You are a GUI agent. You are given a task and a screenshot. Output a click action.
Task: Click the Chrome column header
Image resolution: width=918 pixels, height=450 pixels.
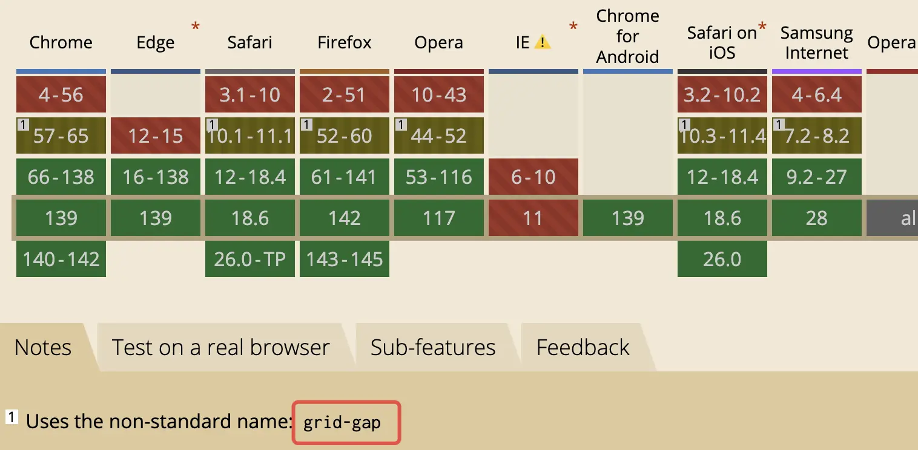pyautogui.click(x=61, y=42)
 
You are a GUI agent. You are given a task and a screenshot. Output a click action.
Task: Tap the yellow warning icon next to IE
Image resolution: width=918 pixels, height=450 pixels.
pyautogui.click(x=543, y=42)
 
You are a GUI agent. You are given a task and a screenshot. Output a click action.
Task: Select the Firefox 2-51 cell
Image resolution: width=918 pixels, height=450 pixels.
pyautogui.click(x=344, y=94)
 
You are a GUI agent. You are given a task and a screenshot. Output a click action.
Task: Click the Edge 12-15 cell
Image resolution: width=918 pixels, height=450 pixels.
pyautogui.click(x=156, y=135)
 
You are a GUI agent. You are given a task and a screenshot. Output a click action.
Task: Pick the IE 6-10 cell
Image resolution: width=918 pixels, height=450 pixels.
pyautogui.click(x=533, y=177)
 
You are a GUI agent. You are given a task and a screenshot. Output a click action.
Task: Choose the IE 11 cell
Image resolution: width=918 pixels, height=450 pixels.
pyautogui.click(x=533, y=218)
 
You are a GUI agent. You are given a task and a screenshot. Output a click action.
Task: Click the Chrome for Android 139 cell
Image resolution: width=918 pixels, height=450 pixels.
pyautogui.click(x=628, y=218)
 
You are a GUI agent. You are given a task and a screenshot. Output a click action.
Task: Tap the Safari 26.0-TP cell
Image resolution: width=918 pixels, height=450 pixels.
pyautogui.click(x=250, y=259)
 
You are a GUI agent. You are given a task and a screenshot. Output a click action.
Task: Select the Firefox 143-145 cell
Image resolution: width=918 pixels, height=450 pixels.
pyautogui.click(x=344, y=259)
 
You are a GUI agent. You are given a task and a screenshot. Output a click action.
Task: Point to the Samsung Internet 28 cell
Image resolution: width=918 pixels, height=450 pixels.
pyautogui.click(x=817, y=218)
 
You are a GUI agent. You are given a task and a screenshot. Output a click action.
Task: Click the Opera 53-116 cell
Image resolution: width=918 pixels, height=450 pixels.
pyautogui.click(x=439, y=177)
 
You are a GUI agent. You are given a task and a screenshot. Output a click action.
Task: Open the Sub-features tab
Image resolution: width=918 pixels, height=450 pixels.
pyautogui.click(x=433, y=347)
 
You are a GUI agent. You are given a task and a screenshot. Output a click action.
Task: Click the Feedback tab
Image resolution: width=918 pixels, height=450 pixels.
pyautogui.click(x=583, y=347)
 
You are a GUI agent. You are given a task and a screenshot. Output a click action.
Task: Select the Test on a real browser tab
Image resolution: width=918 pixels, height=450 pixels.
pyautogui.click(x=220, y=347)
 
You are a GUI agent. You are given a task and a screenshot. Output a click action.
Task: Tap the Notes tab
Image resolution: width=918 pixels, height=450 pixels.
pyautogui.click(x=43, y=347)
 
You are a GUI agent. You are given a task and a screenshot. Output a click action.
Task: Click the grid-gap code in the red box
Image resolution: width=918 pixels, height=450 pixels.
pyautogui.click(x=342, y=423)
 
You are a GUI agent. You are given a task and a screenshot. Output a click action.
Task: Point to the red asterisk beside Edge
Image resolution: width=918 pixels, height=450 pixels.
pyautogui.click(x=196, y=27)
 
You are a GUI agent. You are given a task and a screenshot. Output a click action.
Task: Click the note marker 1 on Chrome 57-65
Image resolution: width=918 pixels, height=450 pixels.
pyautogui.click(x=23, y=124)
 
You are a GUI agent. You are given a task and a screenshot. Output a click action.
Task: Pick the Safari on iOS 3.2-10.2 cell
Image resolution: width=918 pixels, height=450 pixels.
pyautogui.click(x=722, y=94)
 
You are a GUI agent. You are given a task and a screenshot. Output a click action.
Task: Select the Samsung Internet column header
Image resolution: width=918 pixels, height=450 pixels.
pyautogui.click(x=816, y=42)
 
